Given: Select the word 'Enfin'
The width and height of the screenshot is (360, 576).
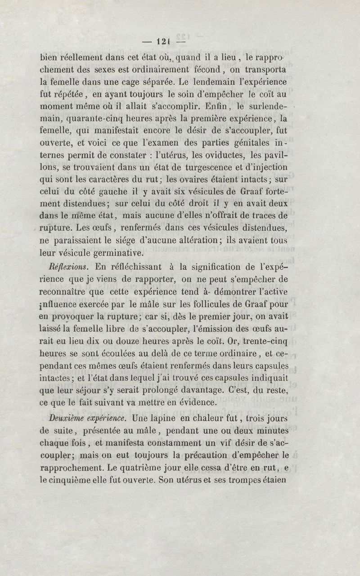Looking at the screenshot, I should click(x=217, y=107).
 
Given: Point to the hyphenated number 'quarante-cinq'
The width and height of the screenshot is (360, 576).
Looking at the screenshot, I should click(x=94, y=119).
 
